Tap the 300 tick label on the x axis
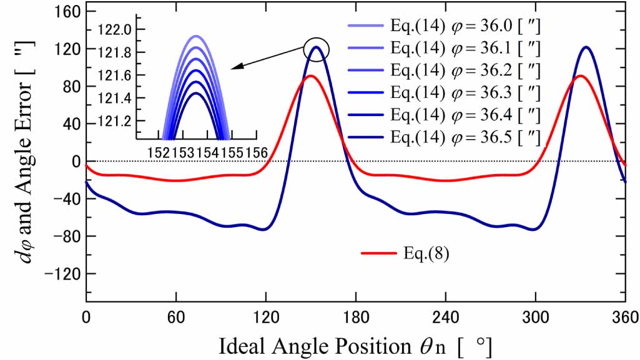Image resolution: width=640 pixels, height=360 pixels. [x=536, y=315]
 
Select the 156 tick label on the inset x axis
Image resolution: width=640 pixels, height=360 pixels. [x=249, y=152]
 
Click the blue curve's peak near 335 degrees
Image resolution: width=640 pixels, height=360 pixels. [x=586, y=47]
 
